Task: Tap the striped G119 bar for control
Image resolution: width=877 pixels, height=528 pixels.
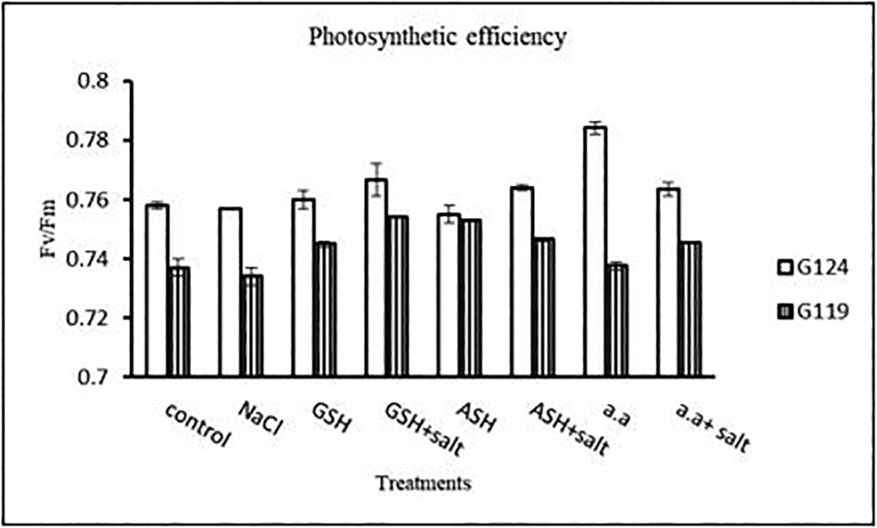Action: [179, 321]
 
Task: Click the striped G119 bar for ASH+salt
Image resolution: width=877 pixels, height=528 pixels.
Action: [544, 307]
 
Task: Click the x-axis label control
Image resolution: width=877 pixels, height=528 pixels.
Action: [200, 426]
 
